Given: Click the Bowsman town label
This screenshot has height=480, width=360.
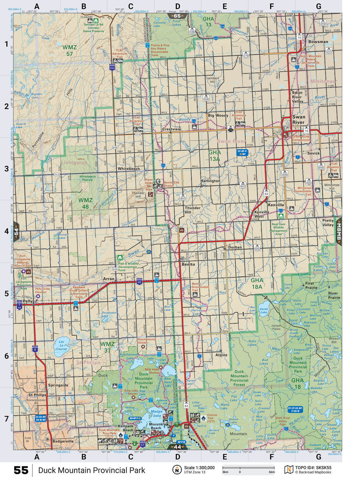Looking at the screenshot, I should pos(318,42).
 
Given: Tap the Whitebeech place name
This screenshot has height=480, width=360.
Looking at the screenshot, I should pos(128,169).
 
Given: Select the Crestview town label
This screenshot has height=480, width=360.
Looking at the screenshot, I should pos(171,129).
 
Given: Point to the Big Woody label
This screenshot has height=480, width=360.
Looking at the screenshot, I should pos(218,115).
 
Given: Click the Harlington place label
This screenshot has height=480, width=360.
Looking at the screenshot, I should pos(210,181).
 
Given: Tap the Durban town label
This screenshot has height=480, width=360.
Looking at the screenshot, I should pos(235,247).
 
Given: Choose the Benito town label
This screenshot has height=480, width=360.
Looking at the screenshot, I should pos(188,264).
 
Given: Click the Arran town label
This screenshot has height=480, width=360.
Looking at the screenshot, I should pos(109,279).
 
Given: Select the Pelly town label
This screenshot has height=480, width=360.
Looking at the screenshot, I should pos(28,301).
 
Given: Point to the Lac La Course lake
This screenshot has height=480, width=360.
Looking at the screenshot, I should pos(61,345).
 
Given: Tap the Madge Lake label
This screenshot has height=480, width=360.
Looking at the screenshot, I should pos(157,413).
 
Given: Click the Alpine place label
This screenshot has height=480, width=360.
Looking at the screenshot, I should pos(221,355).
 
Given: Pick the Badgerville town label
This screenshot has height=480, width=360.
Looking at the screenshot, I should pos(63,441).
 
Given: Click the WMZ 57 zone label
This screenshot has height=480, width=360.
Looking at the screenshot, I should pos(69,50).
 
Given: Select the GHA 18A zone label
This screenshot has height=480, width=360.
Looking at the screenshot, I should pos(257,283).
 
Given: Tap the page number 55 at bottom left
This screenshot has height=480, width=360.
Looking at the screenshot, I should pos(21,470).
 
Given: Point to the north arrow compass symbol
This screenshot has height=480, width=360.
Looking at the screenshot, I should pos(177,470).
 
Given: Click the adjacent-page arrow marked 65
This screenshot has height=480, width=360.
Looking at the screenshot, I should pos(177,16).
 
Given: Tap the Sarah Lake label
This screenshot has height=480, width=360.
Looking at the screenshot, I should pos(264,310).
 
